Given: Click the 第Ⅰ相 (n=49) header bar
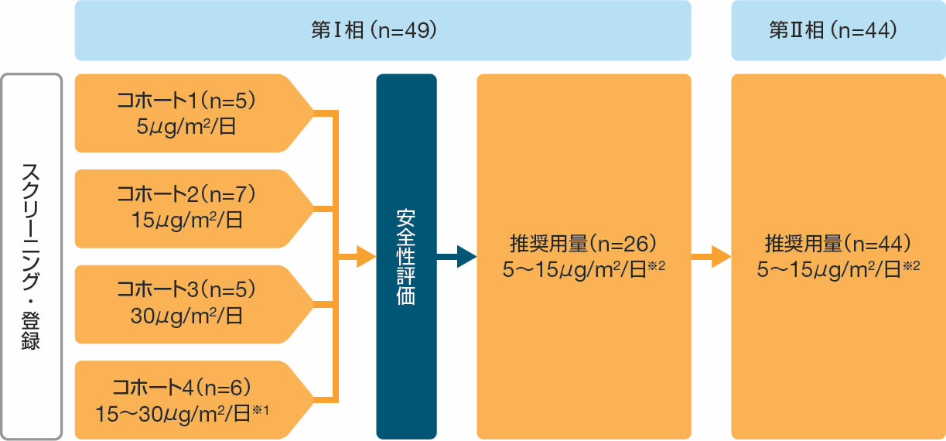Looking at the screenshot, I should [382, 30].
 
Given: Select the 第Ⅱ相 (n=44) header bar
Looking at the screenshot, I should [838, 30].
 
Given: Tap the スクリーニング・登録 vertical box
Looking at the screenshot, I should [31, 256].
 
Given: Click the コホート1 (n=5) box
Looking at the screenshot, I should [186, 113].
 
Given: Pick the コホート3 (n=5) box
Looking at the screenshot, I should [186, 304].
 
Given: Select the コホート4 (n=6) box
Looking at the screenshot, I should [186, 399].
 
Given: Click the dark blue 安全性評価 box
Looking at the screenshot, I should [406, 256].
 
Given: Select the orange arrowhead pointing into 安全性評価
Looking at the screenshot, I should [365, 256].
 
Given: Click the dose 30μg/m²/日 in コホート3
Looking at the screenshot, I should [185, 316].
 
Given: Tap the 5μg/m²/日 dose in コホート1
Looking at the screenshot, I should [186, 125].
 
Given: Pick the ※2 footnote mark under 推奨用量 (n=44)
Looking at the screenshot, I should [912, 265].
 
